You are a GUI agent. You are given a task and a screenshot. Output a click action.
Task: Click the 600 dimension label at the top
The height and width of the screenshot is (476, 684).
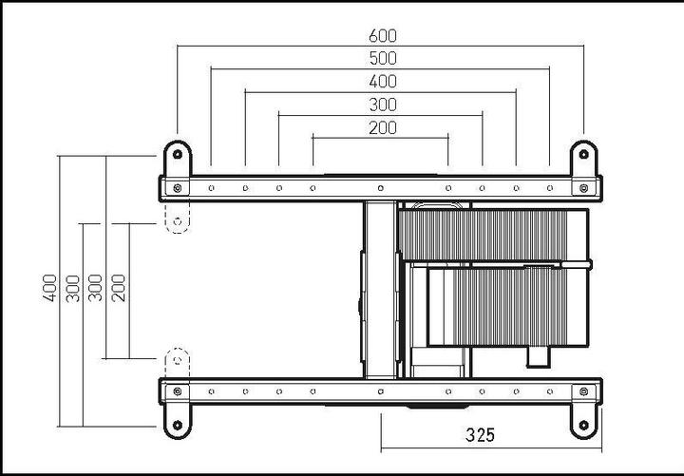(x=382, y=35)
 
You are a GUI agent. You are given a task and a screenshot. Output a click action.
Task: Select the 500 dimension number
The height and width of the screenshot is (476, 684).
(x=382, y=59)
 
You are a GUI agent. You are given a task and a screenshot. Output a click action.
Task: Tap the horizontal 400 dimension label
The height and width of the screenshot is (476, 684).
(x=382, y=82)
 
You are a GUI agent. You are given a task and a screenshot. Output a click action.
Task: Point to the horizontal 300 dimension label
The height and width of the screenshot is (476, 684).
(x=382, y=105)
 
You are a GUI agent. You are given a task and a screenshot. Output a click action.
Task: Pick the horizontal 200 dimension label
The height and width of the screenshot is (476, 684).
(x=382, y=127)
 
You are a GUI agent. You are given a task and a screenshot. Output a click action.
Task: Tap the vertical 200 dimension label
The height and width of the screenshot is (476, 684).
(x=119, y=287)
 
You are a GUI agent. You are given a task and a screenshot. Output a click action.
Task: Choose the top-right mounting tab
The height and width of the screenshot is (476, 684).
(x=583, y=156)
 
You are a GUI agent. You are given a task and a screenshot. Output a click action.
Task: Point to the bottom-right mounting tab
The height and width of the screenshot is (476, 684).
(x=583, y=421)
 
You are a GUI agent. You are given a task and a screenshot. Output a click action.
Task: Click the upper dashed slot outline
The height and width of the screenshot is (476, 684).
(x=177, y=220)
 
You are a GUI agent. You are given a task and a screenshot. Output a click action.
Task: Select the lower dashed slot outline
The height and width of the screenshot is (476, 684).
(x=177, y=361)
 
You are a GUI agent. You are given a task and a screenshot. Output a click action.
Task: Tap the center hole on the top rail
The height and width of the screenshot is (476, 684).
(x=380, y=188)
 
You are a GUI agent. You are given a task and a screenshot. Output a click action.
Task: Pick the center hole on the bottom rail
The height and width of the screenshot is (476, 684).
(x=380, y=390)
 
